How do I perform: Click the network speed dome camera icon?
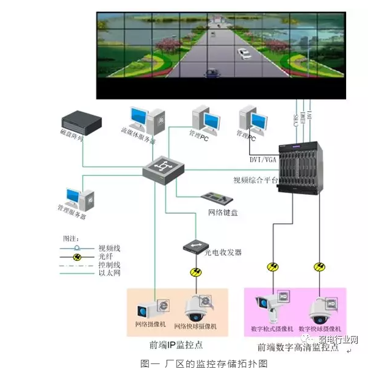(x=196, y=308)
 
